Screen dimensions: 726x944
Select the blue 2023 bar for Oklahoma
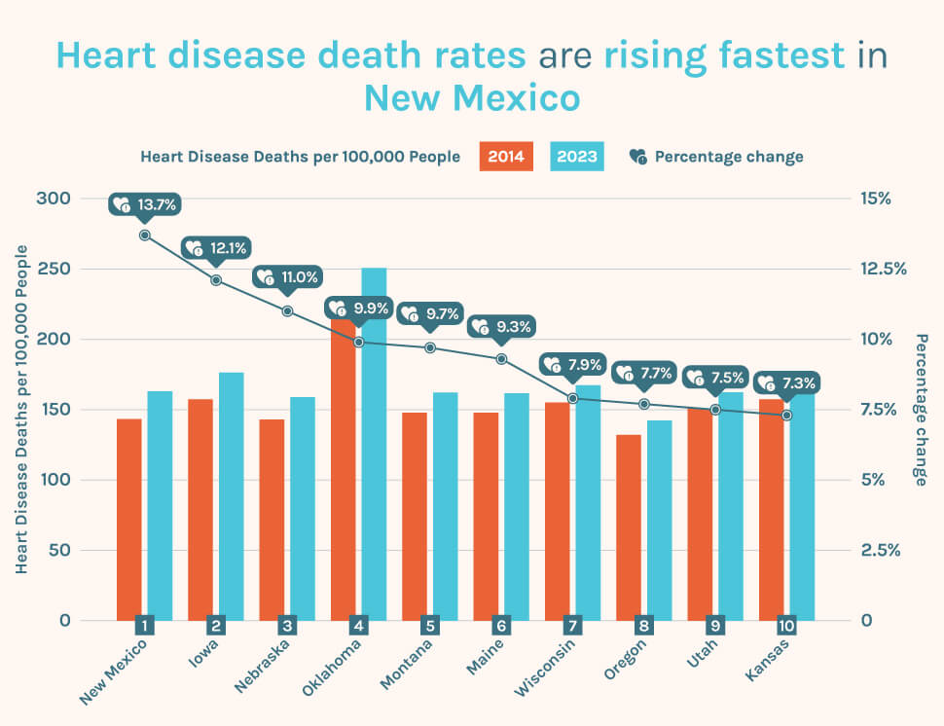click(374, 444)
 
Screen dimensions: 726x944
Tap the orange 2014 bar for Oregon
click(629, 526)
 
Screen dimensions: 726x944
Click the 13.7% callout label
click(145, 205)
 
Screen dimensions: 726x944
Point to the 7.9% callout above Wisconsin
click(574, 365)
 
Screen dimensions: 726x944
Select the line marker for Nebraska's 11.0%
click(288, 311)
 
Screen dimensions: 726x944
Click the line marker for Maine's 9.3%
click(501, 359)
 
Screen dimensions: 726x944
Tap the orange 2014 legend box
click(506, 157)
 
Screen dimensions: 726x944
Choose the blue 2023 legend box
click(577, 157)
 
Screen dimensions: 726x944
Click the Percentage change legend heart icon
click(638, 157)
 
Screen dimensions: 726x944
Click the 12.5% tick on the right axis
click(883, 269)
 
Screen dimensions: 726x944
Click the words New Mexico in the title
click(472, 98)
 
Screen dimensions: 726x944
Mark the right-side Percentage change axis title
click(922, 410)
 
